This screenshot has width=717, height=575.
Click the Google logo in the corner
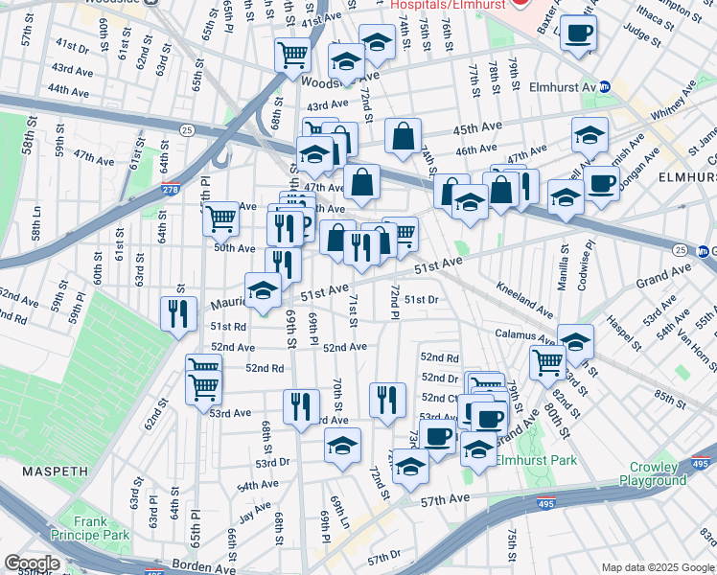coord(32,563)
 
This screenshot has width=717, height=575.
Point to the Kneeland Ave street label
coord(524,299)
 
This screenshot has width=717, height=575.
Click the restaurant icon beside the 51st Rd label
coord(178,315)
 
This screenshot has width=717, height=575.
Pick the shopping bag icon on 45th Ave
coord(404,136)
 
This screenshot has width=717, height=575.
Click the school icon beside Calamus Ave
coord(575,341)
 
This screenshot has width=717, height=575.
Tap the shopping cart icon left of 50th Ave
coord(221,218)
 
